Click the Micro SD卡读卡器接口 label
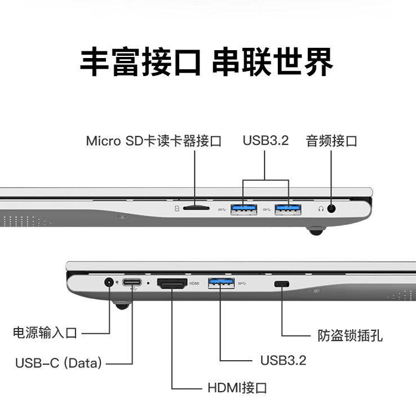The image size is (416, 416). [153, 140]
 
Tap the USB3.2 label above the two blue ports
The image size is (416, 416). [265, 140]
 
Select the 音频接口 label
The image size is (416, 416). [331, 140]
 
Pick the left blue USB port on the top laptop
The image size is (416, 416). [244, 209]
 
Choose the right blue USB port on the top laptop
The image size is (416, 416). [287, 209]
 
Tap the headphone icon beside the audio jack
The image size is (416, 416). [320, 209]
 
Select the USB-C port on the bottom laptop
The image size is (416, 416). [133, 282]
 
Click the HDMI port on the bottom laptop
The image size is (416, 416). [172, 284]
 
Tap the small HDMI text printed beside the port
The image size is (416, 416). [194, 284]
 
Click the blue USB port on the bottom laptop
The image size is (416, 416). [221, 282]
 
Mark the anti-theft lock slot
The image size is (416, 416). [281, 284]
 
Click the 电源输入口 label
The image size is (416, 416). [45, 333]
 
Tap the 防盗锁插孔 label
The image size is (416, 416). [349, 335]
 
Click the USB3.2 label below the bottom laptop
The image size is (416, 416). [283, 360]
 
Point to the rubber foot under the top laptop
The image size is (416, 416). [316, 230]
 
